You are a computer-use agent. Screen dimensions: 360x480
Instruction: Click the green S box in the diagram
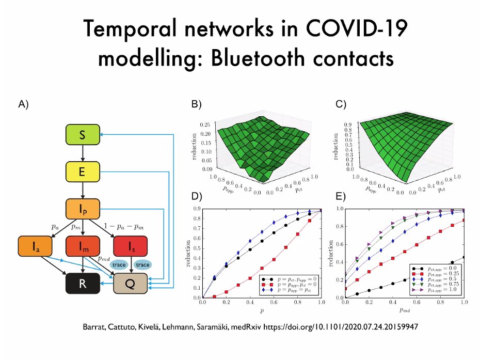[x=83, y=135]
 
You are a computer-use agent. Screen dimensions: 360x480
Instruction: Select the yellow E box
[x=83, y=172]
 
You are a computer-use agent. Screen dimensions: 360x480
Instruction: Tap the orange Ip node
[x=83, y=209]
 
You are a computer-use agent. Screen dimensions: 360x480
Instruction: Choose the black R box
[x=83, y=284]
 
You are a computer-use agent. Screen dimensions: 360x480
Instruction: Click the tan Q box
[x=130, y=284]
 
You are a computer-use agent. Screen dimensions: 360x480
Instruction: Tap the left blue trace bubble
[x=120, y=265]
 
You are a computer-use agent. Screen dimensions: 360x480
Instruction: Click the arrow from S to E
[x=83, y=153]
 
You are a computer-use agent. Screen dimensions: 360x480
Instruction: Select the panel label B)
[x=196, y=104]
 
